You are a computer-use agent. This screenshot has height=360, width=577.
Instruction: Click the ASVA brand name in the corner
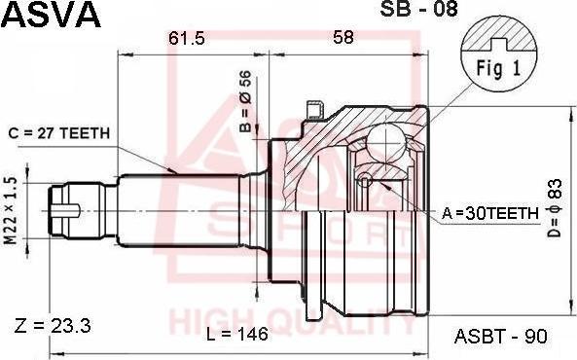click(52, 15)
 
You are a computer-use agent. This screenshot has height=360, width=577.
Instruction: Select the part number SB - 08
click(418, 9)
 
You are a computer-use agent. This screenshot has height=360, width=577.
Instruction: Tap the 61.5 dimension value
click(187, 38)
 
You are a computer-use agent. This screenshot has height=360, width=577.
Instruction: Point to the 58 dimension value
click(343, 37)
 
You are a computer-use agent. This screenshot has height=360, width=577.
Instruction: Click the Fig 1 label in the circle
click(498, 68)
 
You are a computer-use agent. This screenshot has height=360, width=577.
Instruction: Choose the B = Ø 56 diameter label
click(245, 101)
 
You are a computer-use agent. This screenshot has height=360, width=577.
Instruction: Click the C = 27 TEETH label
click(59, 133)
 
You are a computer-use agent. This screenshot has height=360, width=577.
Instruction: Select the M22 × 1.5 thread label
click(11, 210)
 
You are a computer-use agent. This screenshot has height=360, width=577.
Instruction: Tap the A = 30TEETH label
click(489, 213)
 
